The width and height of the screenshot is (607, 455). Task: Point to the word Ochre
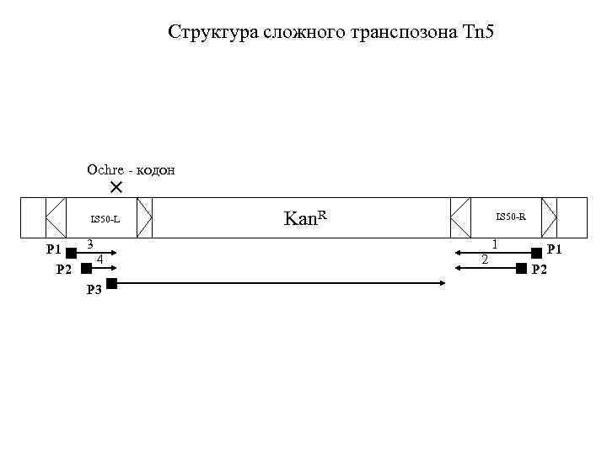tap(105, 169)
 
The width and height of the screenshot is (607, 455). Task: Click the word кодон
tap(154, 169)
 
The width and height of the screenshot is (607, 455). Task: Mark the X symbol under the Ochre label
tap(116, 185)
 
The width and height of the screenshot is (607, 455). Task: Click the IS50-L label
tap(106, 220)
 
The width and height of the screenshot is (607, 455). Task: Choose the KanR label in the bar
tap(305, 218)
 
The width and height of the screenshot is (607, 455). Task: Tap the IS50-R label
tap(511, 217)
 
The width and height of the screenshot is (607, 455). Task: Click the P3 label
tap(95, 291)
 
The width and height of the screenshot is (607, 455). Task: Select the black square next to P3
tap(112, 284)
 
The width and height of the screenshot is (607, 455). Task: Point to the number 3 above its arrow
tap(89, 244)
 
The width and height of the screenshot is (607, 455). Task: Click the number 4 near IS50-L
tap(100, 259)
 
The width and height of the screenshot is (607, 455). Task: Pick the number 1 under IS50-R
tap(495, 243)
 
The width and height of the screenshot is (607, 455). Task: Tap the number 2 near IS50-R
tap(484, 259)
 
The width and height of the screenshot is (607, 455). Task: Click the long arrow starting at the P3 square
tap(278, 284)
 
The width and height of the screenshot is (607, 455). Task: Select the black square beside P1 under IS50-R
tap(536, 252)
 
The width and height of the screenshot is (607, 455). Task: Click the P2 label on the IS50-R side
tap(540, 270)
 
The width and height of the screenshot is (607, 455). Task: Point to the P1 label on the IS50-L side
tap(53, 249)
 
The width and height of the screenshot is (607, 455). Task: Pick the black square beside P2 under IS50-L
tap(85, 268)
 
